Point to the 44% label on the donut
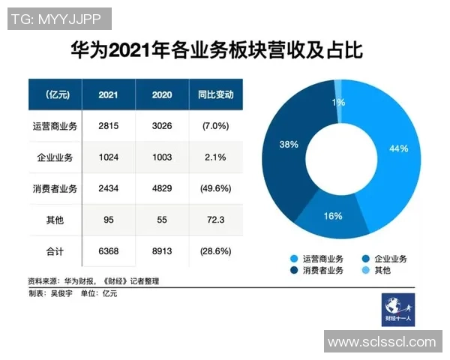tap(398, 148)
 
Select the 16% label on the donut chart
tap(333, 216)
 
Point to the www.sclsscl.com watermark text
tap(382, 342)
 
